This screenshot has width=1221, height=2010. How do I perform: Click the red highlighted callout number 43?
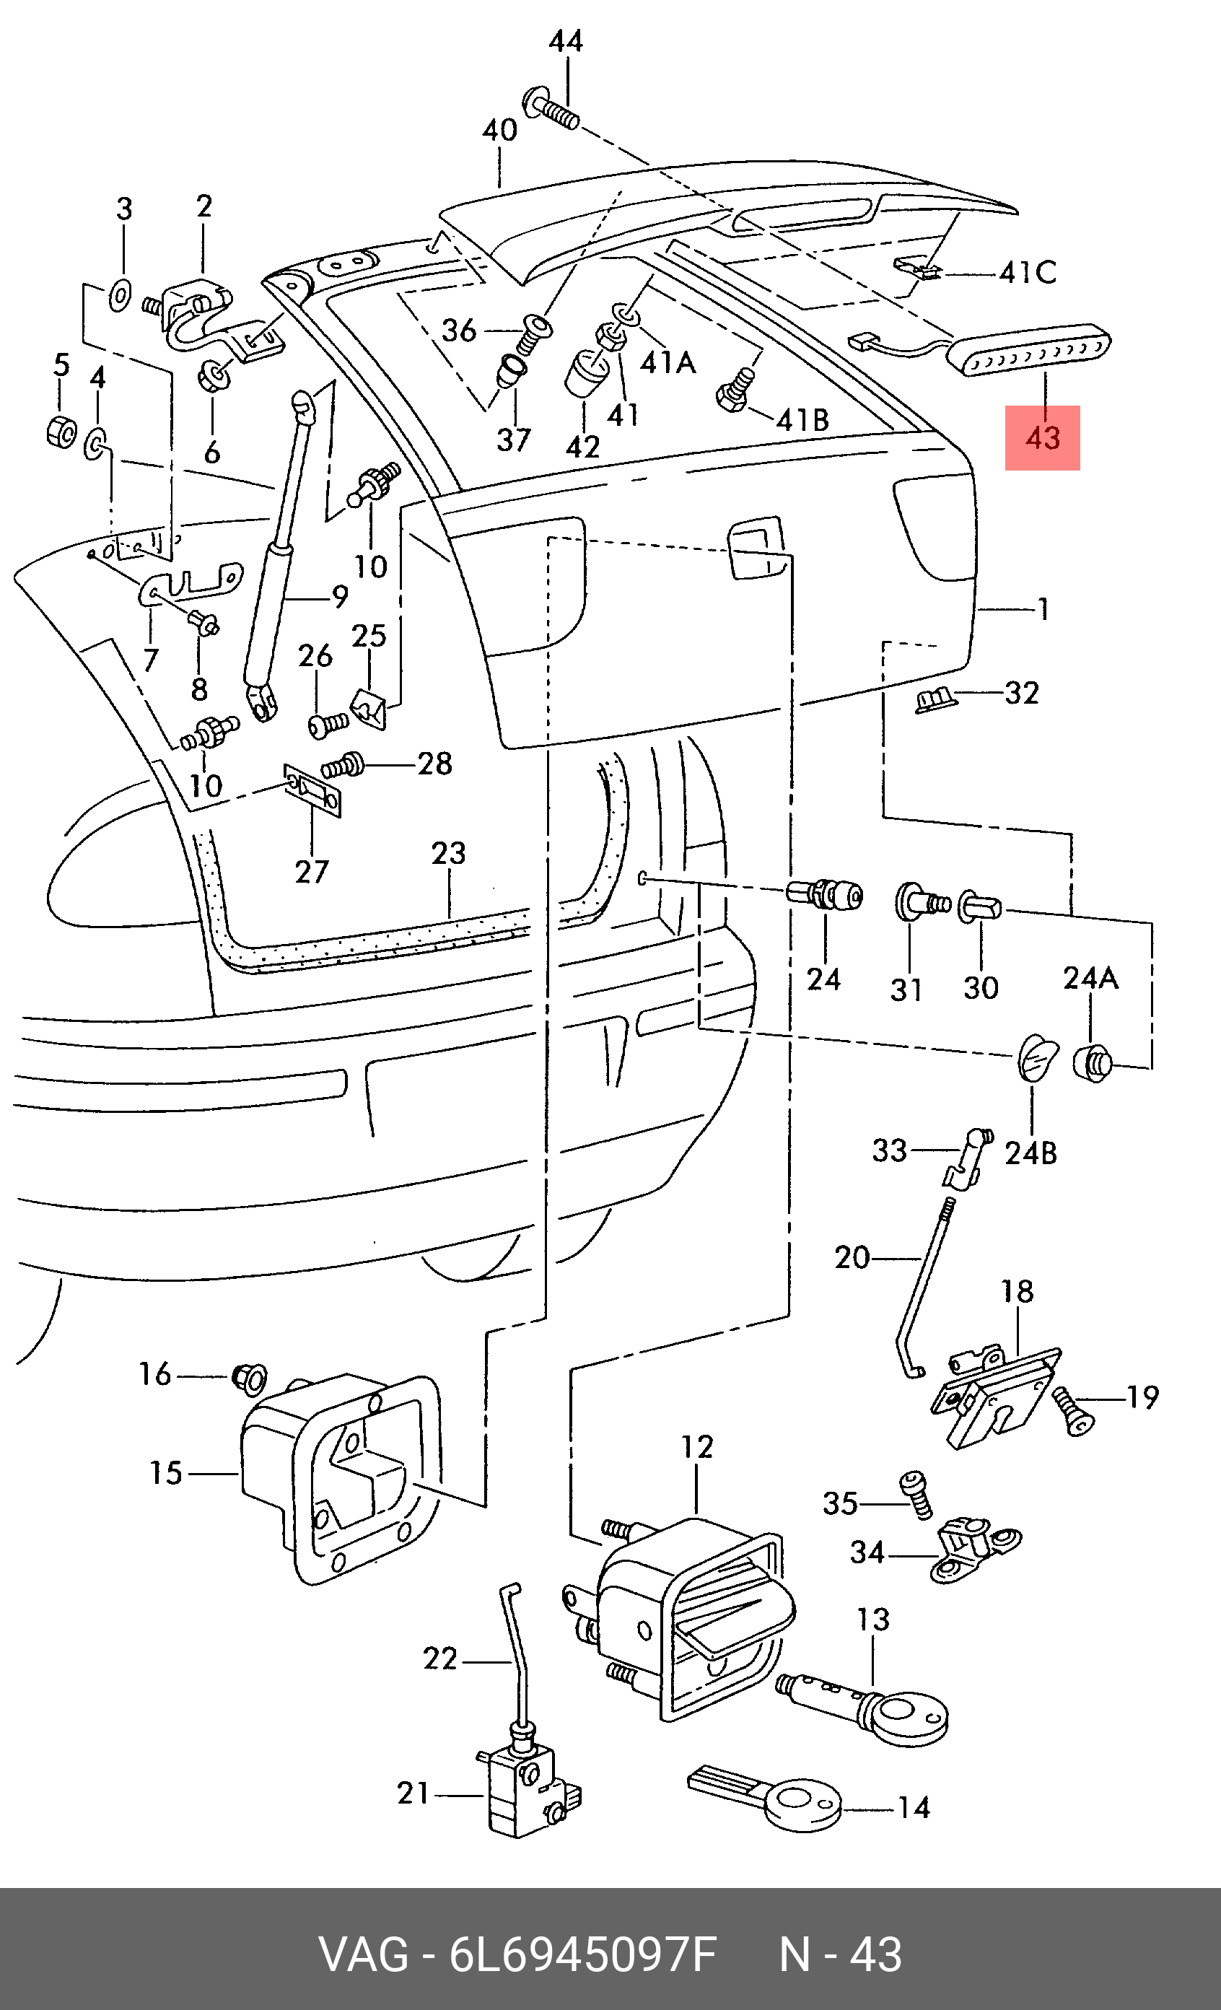click(1042, 438)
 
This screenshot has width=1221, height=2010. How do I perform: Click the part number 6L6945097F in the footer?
click(582, 1954)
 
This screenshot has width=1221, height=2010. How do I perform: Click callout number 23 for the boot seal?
click(449, 853)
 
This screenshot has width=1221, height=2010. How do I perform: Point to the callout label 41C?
click(1028, 273)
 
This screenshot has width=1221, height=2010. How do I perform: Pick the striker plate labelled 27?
click(312, 790)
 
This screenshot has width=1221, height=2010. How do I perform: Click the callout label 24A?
click(1090, 977)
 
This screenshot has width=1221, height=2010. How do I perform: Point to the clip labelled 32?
click(935, 700)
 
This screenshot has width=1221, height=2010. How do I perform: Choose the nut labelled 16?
click(250, 1378)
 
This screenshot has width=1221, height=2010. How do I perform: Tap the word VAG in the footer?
click(364, 1954)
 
